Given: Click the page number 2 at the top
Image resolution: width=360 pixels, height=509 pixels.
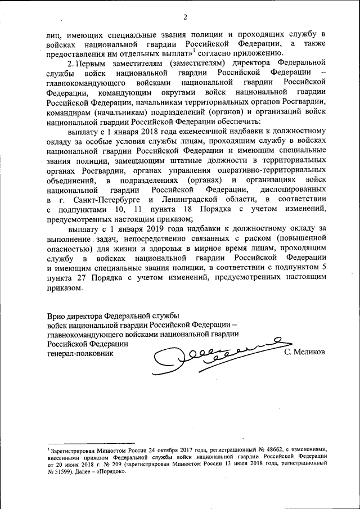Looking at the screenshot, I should (x=184, y=15).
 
